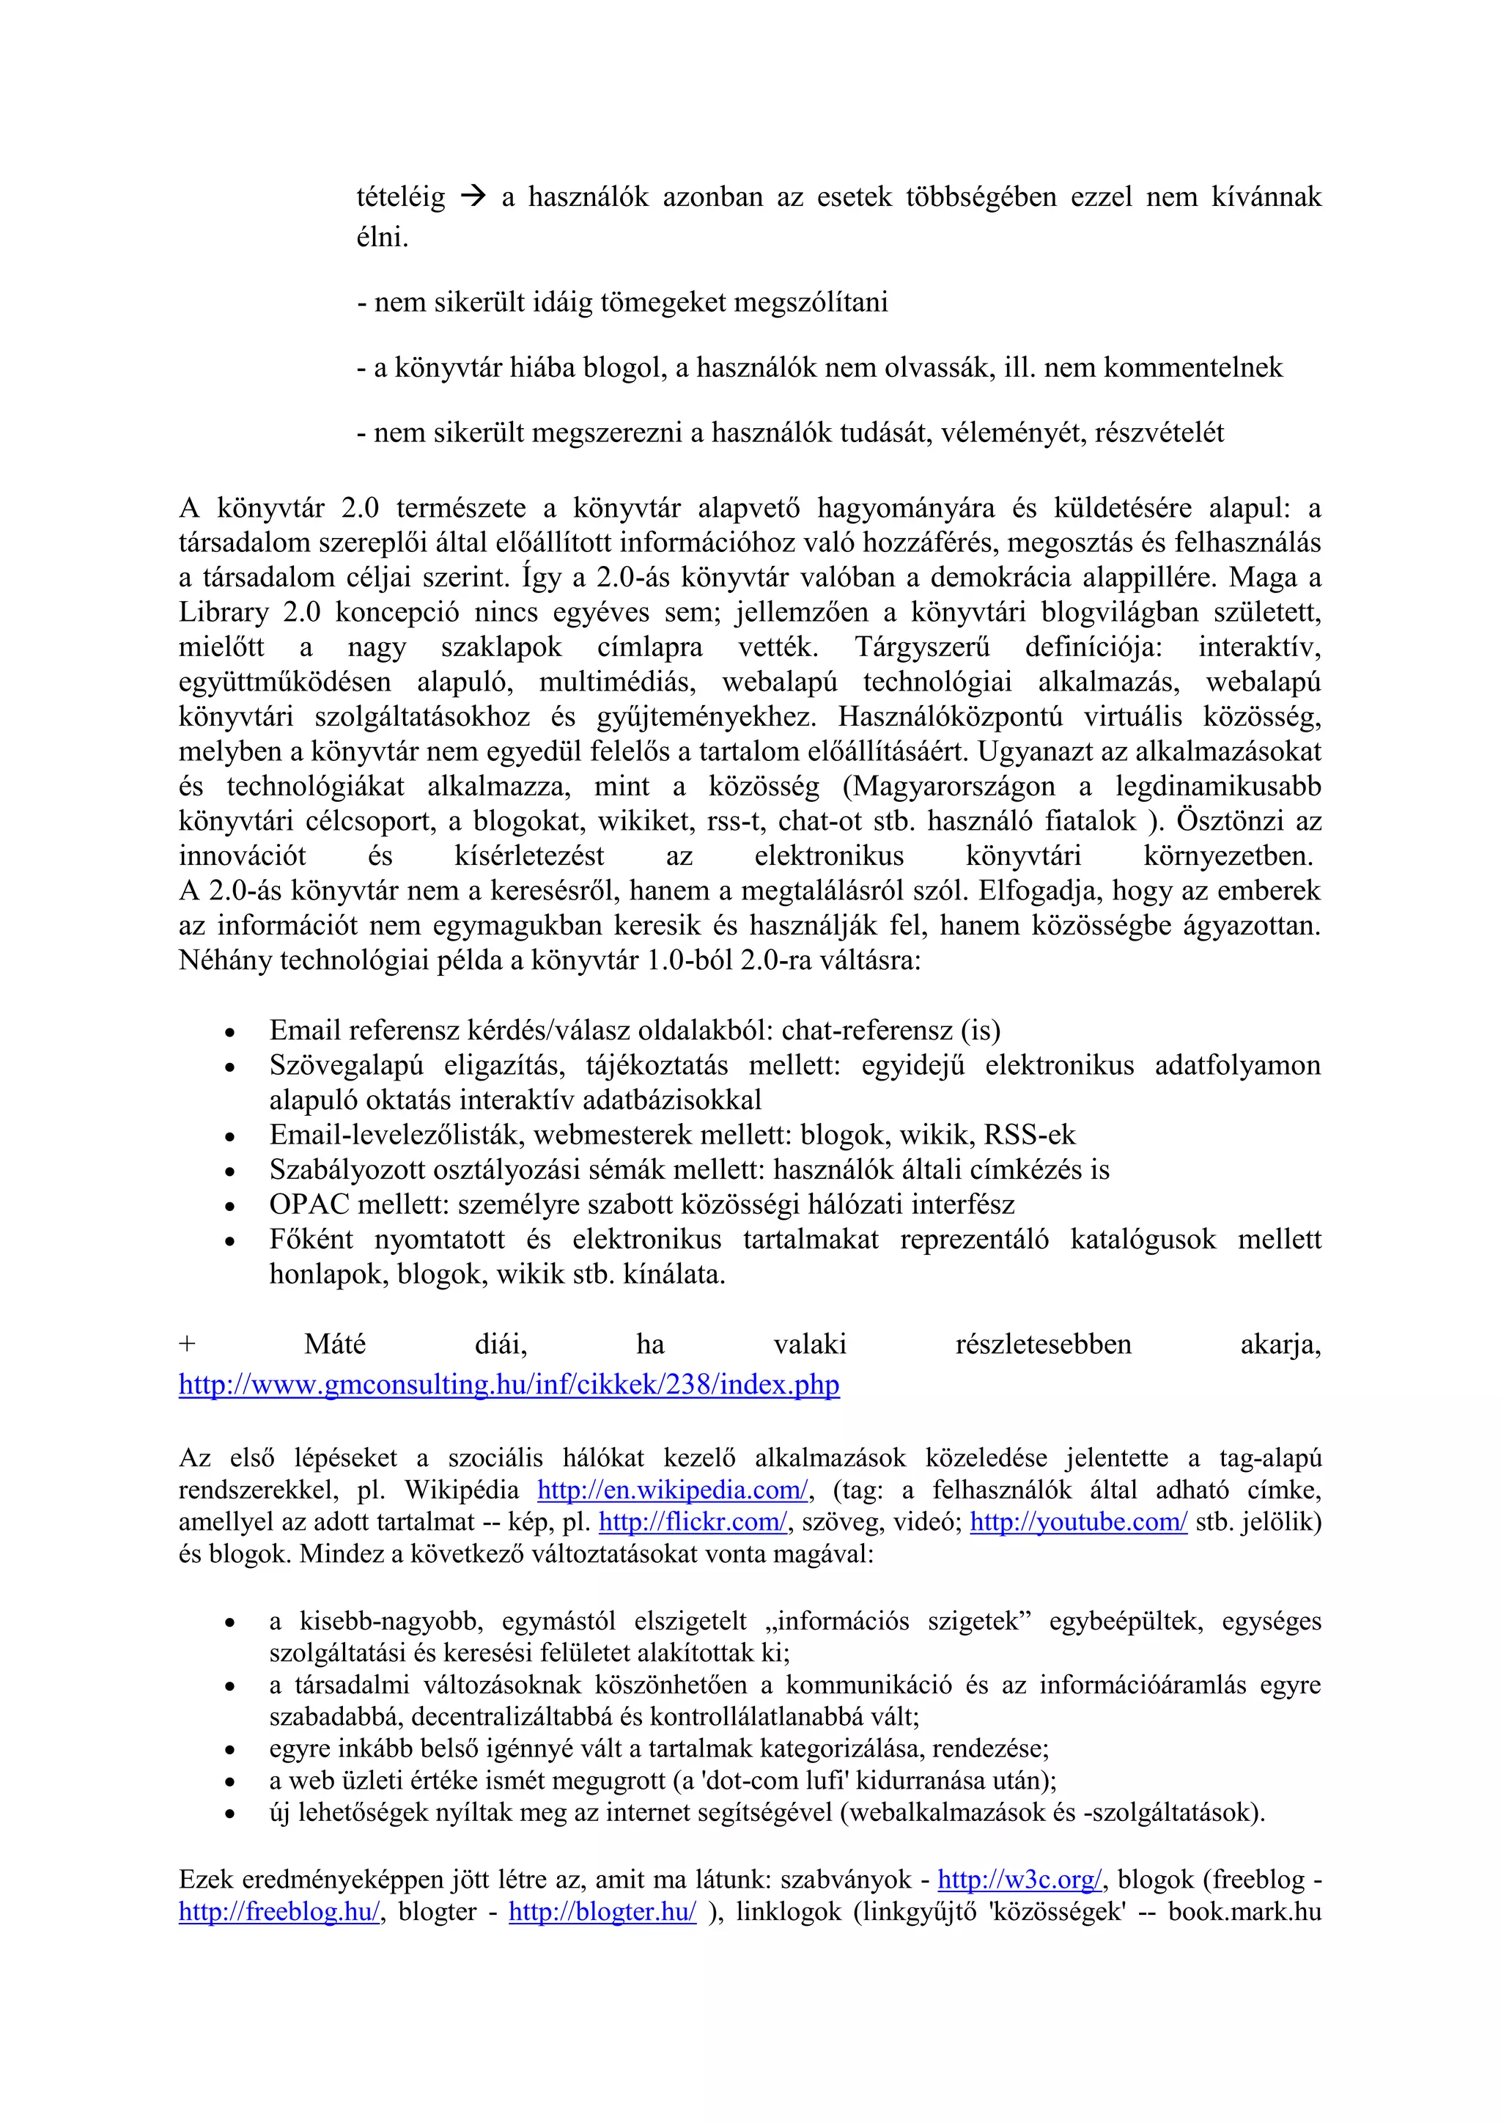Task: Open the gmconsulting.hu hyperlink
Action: [x=509, y=1384]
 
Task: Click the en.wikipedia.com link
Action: [x=673, y=1490]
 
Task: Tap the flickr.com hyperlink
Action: [x=693, y=1522]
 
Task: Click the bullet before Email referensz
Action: [x=229, y=1033]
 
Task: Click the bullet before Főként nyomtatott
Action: [x=229, y=1242]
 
